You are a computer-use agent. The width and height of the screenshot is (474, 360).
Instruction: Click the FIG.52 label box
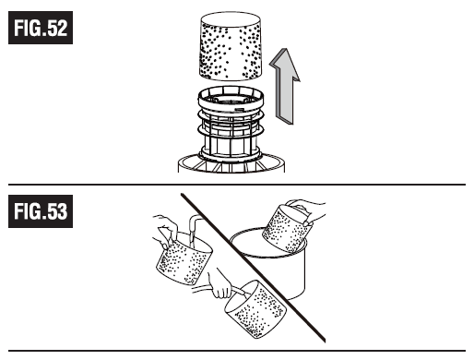pos(41,28)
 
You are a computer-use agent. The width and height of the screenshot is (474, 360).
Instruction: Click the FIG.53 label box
pos(41,211)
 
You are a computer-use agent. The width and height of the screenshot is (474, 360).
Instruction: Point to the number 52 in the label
pos(57,28)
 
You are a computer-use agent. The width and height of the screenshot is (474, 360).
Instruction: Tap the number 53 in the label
pos(57,211)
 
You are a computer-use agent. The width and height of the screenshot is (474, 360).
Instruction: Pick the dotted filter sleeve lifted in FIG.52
pos(231,46)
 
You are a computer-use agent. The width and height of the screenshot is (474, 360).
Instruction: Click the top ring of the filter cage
pos(231,100)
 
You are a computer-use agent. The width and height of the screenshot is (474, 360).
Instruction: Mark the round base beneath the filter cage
pos(231,163)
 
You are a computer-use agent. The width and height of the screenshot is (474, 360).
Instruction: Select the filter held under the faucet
pos(184,258)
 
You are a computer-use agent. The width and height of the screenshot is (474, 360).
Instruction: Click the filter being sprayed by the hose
pos(255,308)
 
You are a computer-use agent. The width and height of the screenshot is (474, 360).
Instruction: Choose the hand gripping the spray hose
pos(220,283)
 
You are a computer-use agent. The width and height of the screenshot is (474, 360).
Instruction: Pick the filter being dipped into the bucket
pos(287,229)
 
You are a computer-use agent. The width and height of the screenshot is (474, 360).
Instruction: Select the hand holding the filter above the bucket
pos(307,210)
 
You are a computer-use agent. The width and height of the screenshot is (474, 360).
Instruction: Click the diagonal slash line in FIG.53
pos(253,268)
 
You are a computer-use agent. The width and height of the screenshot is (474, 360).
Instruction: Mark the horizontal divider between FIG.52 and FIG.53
pos(237,185)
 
